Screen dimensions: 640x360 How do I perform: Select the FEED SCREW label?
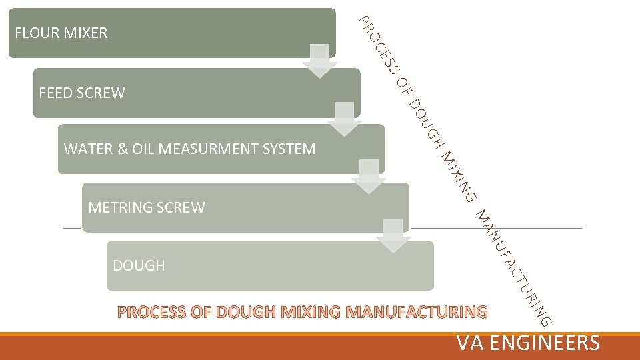point(81,93)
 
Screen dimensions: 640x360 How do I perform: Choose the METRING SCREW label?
point(146,207)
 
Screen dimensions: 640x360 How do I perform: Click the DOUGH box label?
point(139,266)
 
